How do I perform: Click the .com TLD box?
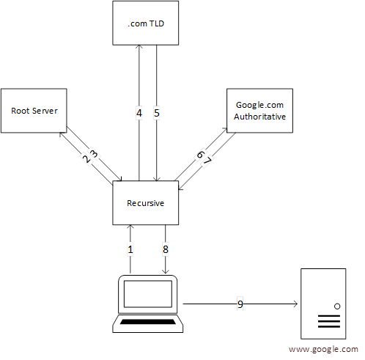coord(145,23)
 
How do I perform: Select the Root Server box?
coord(34,111)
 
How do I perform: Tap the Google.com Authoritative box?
coord(260,111)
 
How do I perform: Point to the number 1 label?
coord(131,249)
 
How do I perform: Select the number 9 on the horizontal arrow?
coord(239,303)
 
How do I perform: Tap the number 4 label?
coord(139,114)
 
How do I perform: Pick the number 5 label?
coord(157,114)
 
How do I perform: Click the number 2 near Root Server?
coord(86,158)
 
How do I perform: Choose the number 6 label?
coord(199,155)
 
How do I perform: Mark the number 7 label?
coord(207,161)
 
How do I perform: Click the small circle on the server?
coord(337,305)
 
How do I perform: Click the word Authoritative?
coord(260,117)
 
